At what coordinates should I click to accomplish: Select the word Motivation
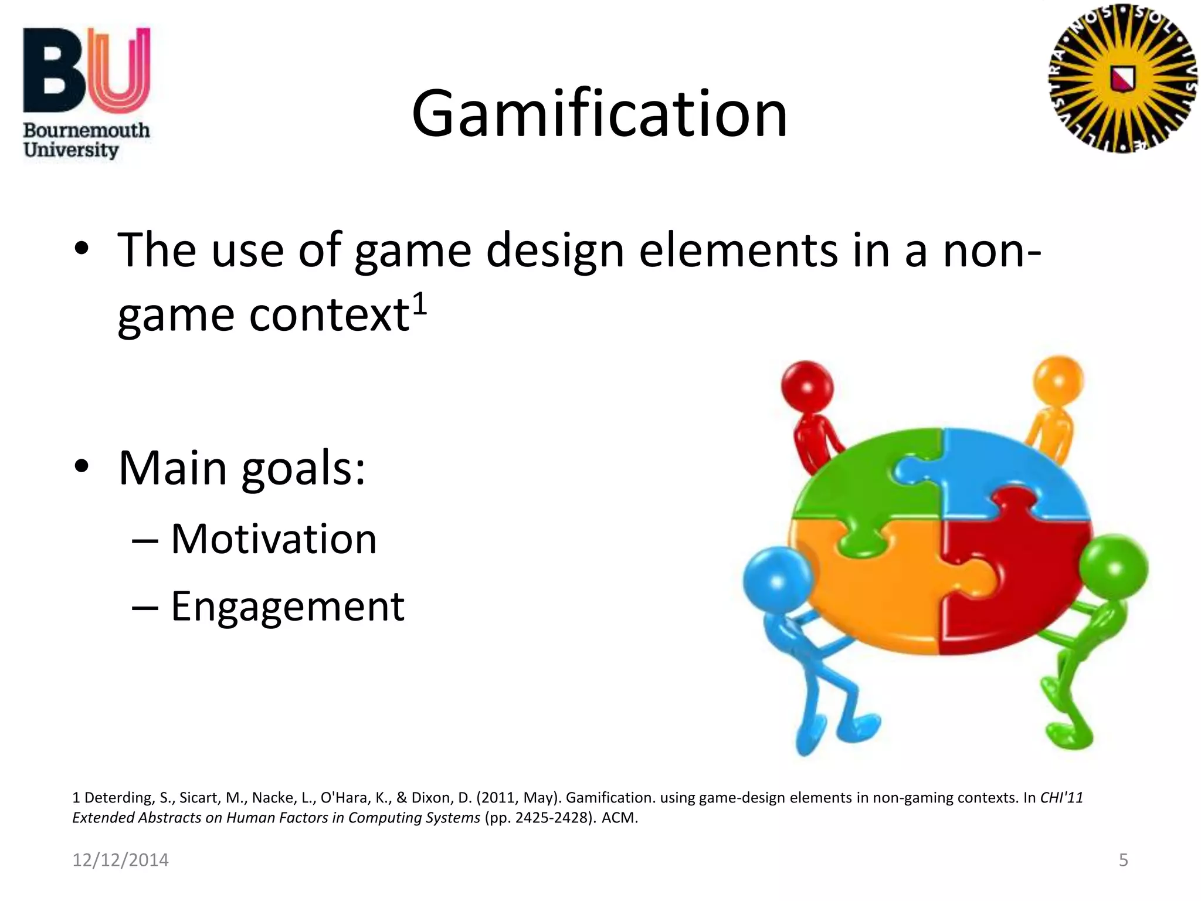(273, 539)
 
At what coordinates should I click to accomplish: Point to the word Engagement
(287, 607)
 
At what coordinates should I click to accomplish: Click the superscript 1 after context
(419, 304)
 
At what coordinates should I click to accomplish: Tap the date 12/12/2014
(120, 860)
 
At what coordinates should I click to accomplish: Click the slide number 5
(1123, 860)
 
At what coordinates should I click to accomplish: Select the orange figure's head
(1058, 381)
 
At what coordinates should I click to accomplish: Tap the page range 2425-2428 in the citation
(551, 818)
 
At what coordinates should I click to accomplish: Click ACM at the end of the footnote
(619, 818)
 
